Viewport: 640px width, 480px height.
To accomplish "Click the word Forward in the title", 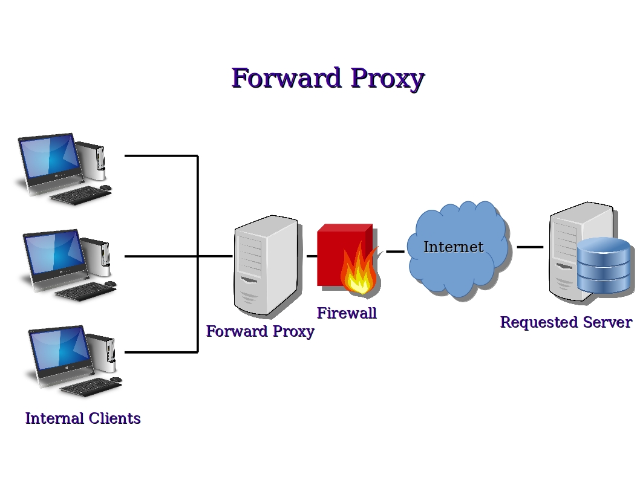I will tap(287, 79).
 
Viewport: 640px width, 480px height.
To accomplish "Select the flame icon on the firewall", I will tap(359, 273).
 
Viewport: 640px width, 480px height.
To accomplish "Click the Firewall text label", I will tap(347, 313).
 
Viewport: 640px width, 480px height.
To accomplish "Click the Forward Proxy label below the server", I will tap(260, 331).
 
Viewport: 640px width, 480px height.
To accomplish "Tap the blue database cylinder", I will tap(603, 266).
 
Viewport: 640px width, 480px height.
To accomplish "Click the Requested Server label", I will tap(566, 322).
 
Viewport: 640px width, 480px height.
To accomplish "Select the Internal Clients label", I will tap(83, 418).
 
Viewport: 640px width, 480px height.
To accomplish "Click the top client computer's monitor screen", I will tap(50, 157).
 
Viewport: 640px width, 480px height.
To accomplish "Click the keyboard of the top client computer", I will tap(77, 195).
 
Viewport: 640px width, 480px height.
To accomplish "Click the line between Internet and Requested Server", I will tap(530, 247).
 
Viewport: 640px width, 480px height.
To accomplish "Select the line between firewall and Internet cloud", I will tap(395, 251).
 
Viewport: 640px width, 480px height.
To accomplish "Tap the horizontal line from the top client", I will tap(160, 156).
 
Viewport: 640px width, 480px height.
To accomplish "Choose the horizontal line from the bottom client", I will tap(160, 352).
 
